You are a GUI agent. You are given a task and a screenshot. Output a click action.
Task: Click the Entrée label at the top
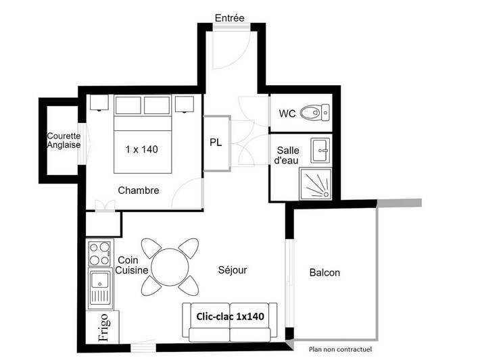coord(229,18)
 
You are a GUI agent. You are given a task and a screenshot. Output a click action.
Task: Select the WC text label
coord(287,113)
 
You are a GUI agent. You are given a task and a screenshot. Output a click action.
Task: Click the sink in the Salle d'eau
coord(320,150)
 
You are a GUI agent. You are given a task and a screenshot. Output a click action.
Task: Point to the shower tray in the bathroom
coord(316,183)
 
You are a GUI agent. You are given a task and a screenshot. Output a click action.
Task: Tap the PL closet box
coord(216,143)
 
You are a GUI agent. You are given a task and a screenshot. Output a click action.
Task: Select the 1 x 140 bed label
coord(141,149)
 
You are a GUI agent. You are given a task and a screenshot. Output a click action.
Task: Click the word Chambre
coord(139,190)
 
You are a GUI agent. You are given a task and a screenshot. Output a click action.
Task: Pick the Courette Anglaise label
coord(64,140)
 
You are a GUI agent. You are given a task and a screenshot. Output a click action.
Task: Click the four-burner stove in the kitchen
coord(100,254)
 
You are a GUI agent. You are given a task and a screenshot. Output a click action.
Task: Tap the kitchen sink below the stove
coord(100,286)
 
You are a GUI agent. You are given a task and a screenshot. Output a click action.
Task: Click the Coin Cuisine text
coord(132,265)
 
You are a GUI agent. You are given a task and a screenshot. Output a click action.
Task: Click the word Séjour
coord(233,270)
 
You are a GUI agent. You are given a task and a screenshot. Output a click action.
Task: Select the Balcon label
coord(325,273)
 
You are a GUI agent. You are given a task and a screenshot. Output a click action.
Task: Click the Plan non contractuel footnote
coord(340,349)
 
